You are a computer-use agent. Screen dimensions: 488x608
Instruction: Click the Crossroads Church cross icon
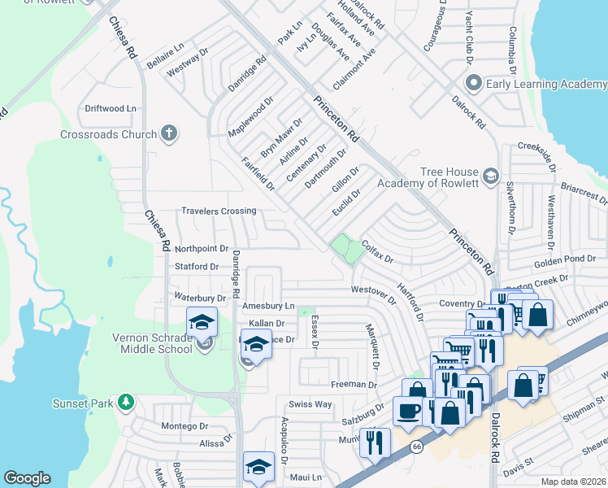(x=169, y=134)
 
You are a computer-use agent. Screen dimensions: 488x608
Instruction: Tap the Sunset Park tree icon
(x=126, y=402)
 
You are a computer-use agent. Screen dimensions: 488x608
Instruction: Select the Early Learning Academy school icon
(x=474, y=83)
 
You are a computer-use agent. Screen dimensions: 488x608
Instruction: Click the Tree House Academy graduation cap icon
(x=490, y=176)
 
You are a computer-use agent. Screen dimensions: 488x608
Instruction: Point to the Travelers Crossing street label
(x=219, y=211)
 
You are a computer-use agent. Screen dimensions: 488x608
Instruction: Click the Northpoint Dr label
(x=202, y=249)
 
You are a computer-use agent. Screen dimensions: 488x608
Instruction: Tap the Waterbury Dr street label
(x=199, y=298)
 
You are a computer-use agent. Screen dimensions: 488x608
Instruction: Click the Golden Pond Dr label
(x=562, y=259)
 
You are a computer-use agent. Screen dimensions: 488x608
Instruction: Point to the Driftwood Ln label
(x=111, y=108)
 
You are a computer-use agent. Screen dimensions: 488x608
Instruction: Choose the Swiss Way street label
(x=311, y=404)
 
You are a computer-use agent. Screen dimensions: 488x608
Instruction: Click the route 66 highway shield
(x=417, y=447)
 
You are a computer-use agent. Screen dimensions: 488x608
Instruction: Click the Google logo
(x=28, y=478)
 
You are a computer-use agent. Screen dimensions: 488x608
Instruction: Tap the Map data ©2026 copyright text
(x=573, y=481)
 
